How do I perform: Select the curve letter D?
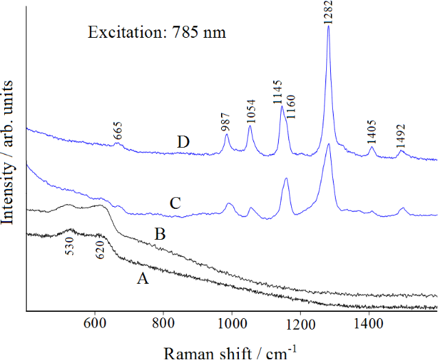click(x=183, y=142)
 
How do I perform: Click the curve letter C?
click(x=175, y=203)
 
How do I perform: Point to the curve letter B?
click(x=160, y=234)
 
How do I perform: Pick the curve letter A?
click(x=142, y=278)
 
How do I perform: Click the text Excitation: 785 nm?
click(x=157, y=32)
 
